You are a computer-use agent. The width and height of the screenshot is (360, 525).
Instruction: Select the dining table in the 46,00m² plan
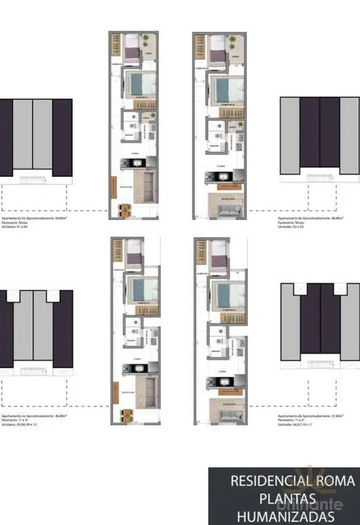pos(125,417)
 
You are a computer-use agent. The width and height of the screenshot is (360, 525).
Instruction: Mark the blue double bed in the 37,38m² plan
pos(222,291)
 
